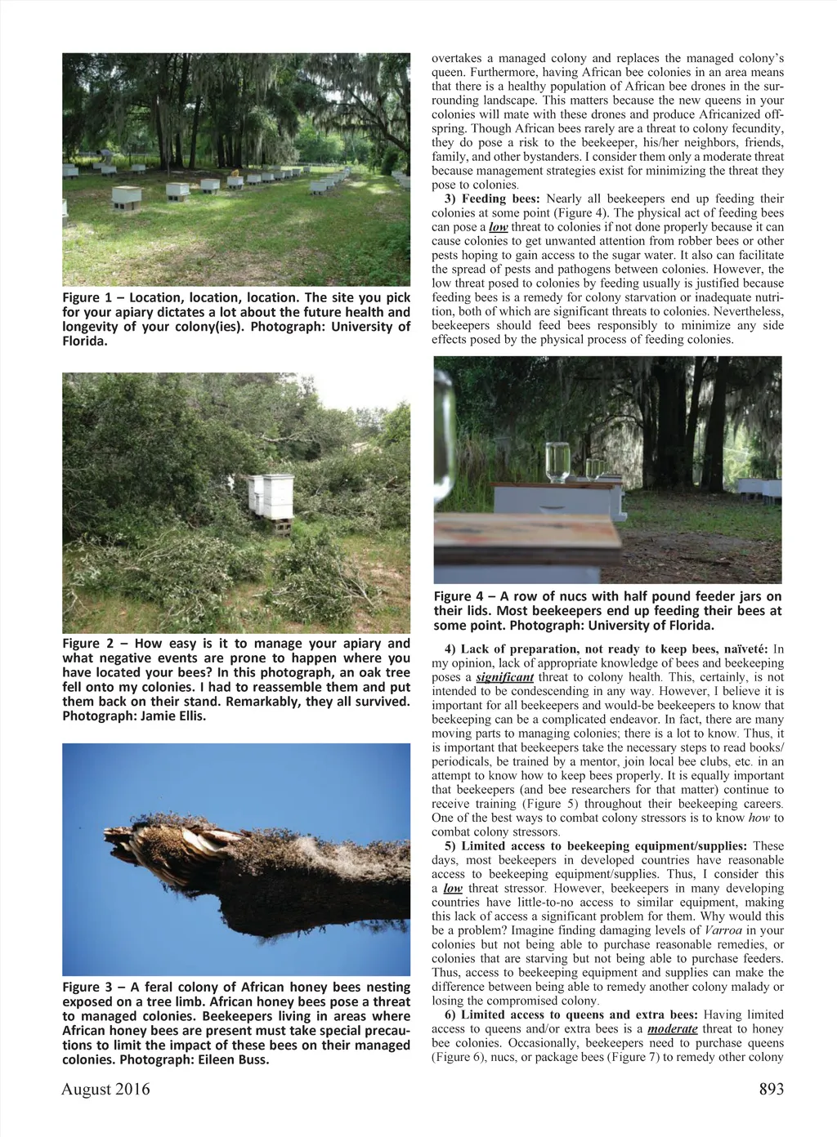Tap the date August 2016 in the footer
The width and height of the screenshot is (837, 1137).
point(105,1089)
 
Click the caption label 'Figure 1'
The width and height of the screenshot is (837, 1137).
point(87,298)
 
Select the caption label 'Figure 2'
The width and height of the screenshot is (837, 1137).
point(87,644)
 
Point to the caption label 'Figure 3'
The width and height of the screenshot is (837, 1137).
point(87,988)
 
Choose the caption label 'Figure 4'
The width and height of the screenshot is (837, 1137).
point(459,596)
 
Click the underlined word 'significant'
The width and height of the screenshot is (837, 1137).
point(504,677)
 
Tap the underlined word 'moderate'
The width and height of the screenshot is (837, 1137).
point(672,1029)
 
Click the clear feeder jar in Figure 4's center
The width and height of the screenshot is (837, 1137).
point(557,462)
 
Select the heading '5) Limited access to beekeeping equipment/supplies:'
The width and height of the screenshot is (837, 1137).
point(596,846)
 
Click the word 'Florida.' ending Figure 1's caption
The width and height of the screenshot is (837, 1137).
point(85,341)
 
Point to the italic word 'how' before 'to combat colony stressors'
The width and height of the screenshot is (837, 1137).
point(759,818)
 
